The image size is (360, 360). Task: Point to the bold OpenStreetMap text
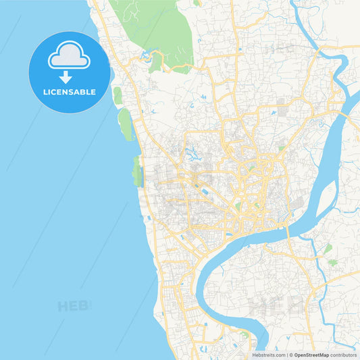(x=311, y=355)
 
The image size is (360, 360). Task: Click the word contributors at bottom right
(x=344, y=355)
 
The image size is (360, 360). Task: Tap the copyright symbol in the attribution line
(x=291, y=355)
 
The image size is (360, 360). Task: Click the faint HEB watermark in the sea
(x=74, y=305)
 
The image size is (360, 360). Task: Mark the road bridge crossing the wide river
(x=289, y=232)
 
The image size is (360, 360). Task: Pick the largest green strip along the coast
(x=125, y=125)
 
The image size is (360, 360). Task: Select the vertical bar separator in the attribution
(x=286, y=355)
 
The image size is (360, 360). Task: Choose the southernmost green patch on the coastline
(x=138, y=172)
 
